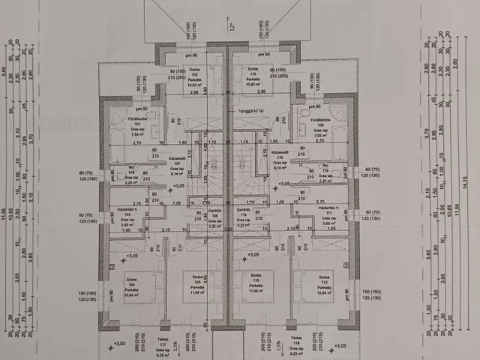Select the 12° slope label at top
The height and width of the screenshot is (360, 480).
tap(233, 26)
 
